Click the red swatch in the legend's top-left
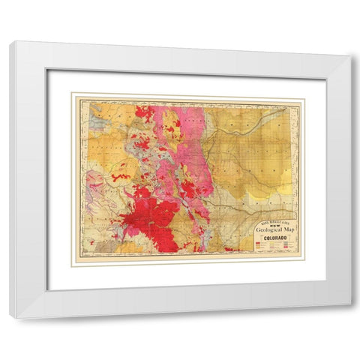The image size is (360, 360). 259,244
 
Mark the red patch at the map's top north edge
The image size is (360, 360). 145,112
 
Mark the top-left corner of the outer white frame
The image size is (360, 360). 10,42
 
